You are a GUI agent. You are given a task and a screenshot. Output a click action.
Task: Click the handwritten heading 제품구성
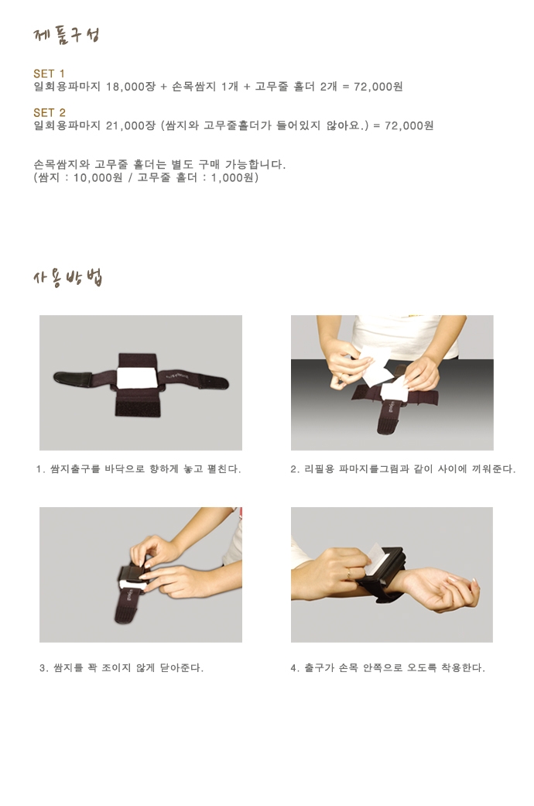click(x=66, y=36)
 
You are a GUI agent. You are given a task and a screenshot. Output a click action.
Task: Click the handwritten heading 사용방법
click(x=67, y=278)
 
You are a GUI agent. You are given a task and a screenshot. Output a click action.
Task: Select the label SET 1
click(x=50, y=74)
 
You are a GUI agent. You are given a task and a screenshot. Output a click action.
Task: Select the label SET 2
click(x=50, y=112)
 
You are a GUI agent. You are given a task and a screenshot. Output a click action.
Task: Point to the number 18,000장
click(x=131, y=87)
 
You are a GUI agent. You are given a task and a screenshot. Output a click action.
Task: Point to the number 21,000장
click(x=131, y=125)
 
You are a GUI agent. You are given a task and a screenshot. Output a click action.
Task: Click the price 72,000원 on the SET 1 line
click(x=378, y=87)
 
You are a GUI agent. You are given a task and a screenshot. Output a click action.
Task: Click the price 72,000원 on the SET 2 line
click(x=409, y=125)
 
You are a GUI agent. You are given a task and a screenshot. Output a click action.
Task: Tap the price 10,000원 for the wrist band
click(x=98, y=178)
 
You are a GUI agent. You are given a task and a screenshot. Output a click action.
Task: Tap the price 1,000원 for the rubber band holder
click(x=233, y=178)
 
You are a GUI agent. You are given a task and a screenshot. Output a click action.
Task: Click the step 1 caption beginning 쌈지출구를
click(x=139, y=469)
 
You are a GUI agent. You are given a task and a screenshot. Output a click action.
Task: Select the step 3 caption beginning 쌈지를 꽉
click(x=122, y=668)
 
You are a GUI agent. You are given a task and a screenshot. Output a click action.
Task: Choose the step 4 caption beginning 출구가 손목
click(x=388, y=668)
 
